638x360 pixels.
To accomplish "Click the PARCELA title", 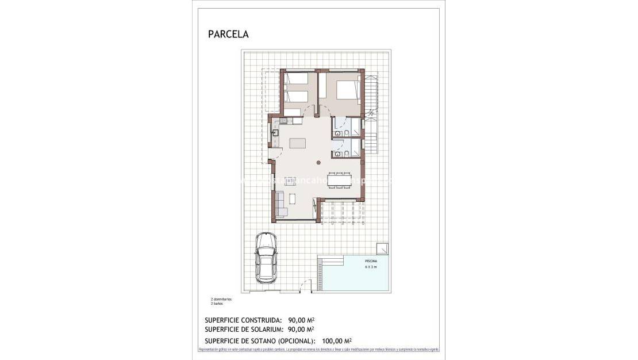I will coord(228,35).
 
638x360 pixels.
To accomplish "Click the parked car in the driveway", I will coord(266,256).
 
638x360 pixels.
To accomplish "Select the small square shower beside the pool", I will coord(382,248).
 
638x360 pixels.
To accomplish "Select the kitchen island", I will coord(298,143).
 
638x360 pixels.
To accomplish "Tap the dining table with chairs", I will coord(339,179).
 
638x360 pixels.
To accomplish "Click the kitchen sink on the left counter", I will coord(275,132).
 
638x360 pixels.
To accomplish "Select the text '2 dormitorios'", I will coord(221,300).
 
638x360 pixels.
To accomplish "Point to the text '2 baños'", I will coord(217,304).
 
